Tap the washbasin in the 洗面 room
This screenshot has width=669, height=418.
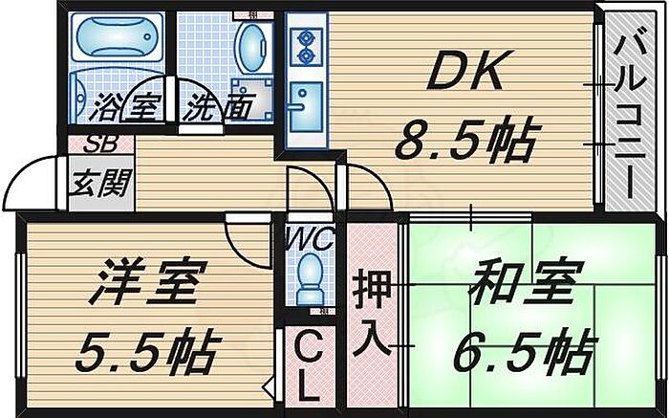(252, 48)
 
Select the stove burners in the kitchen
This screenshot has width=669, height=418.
(308, 46)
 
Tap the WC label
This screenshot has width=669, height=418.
(307, 237)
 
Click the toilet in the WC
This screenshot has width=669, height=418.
(309, 277)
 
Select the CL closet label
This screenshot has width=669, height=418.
(307, 365)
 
